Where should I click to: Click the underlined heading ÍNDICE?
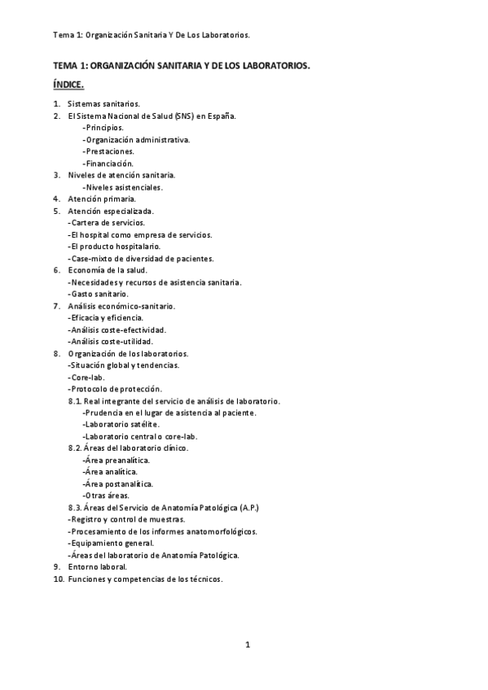pyautogui.click(x=68, y=85)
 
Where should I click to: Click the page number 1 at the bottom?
pyautogui.click(x=248, y=645)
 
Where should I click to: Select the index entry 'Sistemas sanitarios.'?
pyautogui.click(x=104, y=104)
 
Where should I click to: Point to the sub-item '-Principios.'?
pyautogui.click(x=103, y=128)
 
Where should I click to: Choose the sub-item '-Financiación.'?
pyautogui.click(x=108, y=163)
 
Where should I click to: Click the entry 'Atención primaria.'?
pyautogui.click(x=103, y=199)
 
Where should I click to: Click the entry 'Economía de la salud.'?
pyautogui.click(x=108, y=269)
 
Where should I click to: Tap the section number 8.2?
pyautogui.click(x=75, y=448)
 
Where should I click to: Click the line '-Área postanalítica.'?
pyautogui.click(x=117, y=483)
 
